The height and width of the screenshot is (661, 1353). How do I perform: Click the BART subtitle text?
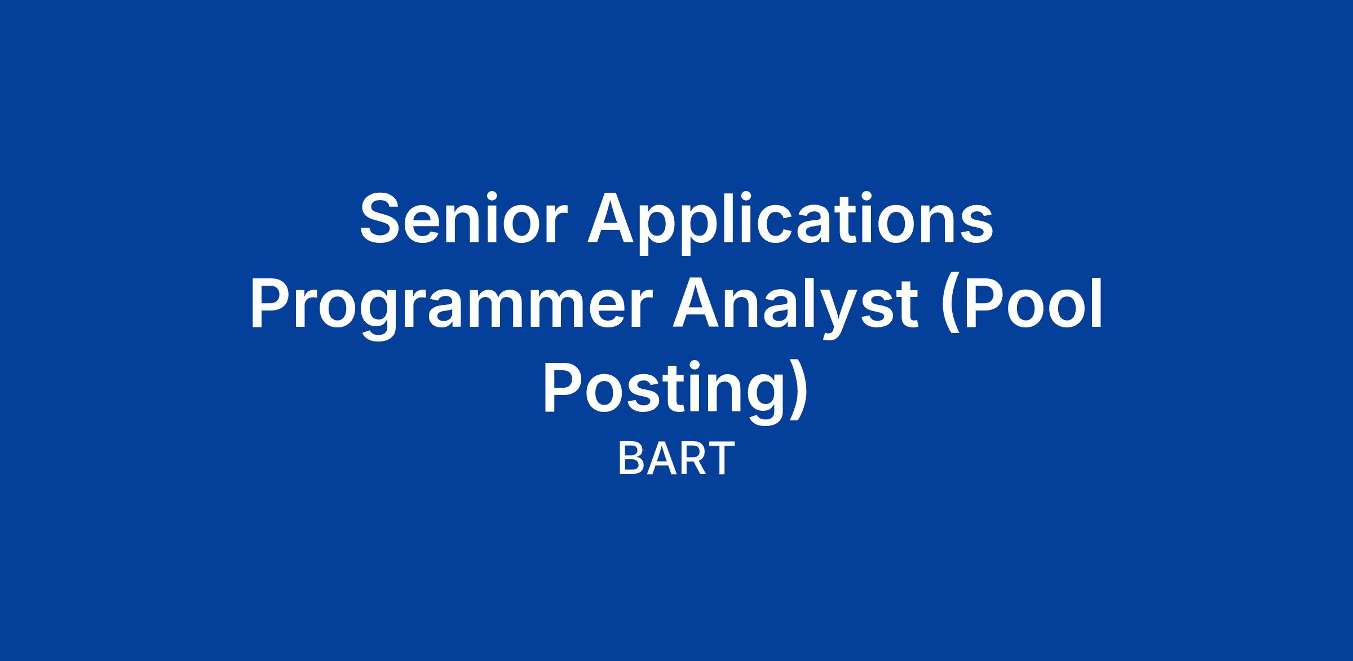tap(676, 459)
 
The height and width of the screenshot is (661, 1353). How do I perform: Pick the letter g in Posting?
tap(764, 402)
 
